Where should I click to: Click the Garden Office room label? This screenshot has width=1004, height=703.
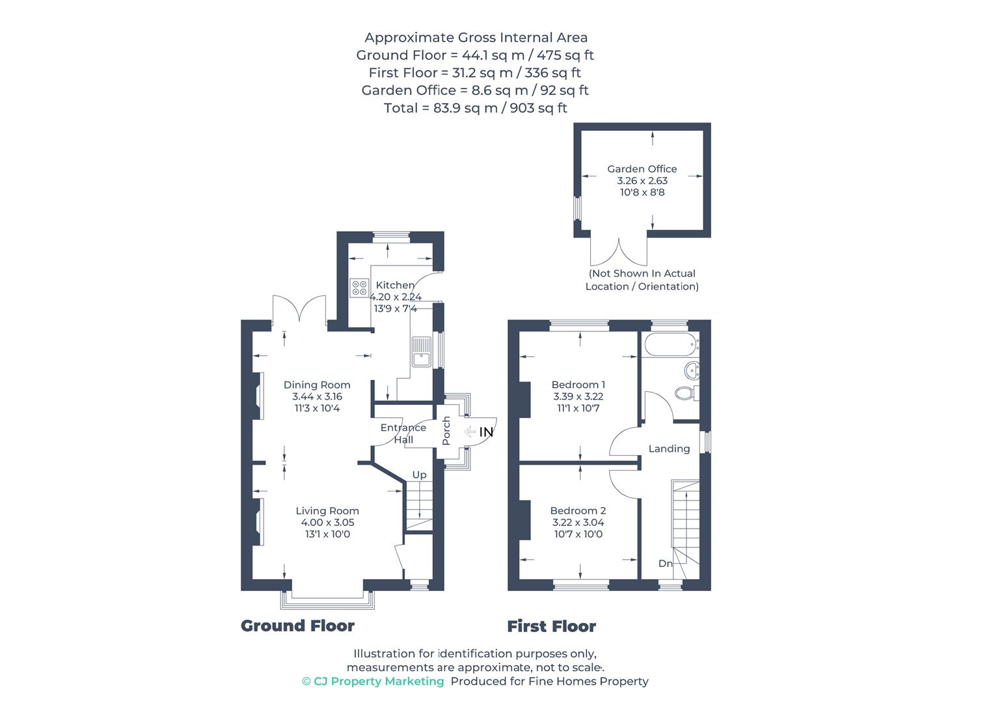click(642, 169)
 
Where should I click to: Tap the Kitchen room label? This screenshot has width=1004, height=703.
click(395, 285)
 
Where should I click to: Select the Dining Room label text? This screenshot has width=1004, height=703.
click(317, 385)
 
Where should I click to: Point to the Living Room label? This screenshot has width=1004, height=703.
click(327, 511)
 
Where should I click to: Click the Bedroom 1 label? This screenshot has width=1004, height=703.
click(578, 385)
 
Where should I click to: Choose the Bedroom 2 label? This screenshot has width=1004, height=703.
click(578, 511)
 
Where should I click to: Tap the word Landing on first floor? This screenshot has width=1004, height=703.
click(669, 448)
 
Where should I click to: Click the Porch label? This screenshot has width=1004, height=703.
click(446, 431)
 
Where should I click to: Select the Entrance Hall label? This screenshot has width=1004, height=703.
click(403, 434)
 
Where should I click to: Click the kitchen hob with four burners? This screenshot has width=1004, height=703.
click(359, 288)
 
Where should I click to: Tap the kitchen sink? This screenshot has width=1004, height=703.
click(421, 352)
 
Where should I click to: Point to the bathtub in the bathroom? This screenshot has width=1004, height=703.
click(670, 344)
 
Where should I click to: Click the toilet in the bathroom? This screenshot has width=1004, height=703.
click(685, 393)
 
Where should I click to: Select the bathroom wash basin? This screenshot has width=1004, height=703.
click(691, 370)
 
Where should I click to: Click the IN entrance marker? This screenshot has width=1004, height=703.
click(486, 432)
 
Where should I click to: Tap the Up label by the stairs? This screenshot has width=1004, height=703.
click(420, 475)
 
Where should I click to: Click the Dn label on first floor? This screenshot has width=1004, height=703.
click(665, 564)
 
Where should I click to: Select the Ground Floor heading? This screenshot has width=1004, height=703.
click(297, 626)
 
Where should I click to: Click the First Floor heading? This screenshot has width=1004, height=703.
click(551, 626)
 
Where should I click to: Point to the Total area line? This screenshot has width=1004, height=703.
click(475, 108)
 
